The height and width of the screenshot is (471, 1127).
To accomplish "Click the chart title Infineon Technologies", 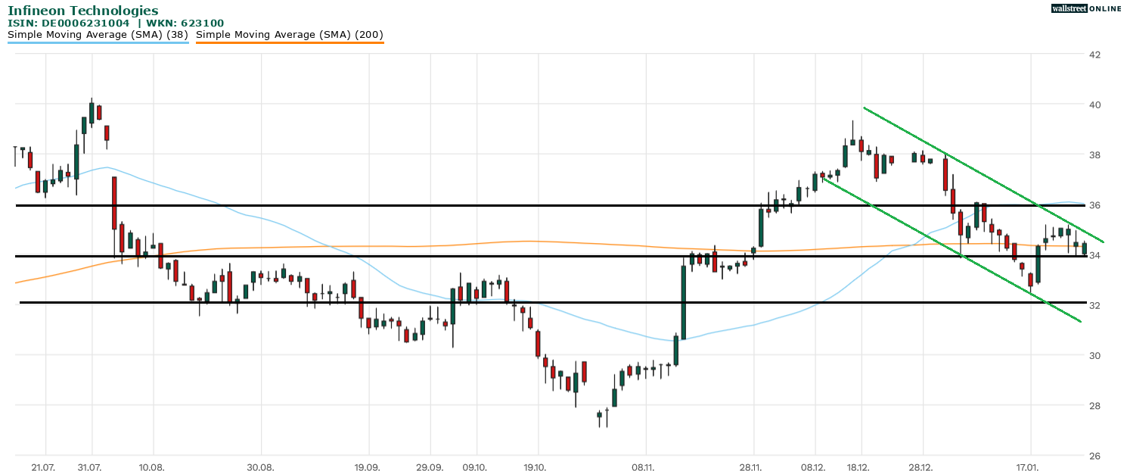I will (x=83, y=11).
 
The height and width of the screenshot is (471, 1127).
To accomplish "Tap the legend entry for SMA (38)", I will (x=98, y=35).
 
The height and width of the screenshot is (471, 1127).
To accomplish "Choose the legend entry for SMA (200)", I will (x=290, y=35).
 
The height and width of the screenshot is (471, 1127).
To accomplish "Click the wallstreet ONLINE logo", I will (x=1086, y=8).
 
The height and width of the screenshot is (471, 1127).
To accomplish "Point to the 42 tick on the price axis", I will (x=1094, y=55).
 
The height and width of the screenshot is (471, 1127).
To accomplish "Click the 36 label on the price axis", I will (x=1094, y=205).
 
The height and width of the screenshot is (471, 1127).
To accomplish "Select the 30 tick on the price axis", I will (x=1094, y=356).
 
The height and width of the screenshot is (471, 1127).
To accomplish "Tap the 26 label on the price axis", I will (x=1094, y=456).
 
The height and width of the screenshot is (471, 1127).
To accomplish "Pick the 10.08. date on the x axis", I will (x=152, y=467).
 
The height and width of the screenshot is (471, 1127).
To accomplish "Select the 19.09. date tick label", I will (x=367, y=467).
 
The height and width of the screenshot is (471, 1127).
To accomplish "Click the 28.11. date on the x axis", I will (x=752, y=467).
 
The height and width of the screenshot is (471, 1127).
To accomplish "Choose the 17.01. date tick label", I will (x=1029, y=467).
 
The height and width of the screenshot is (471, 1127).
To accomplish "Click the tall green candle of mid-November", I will (x=683, y=302).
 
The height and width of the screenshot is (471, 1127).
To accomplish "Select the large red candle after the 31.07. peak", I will (x=114, y=203).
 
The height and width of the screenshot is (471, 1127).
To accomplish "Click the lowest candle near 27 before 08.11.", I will (x=599, y=415).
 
